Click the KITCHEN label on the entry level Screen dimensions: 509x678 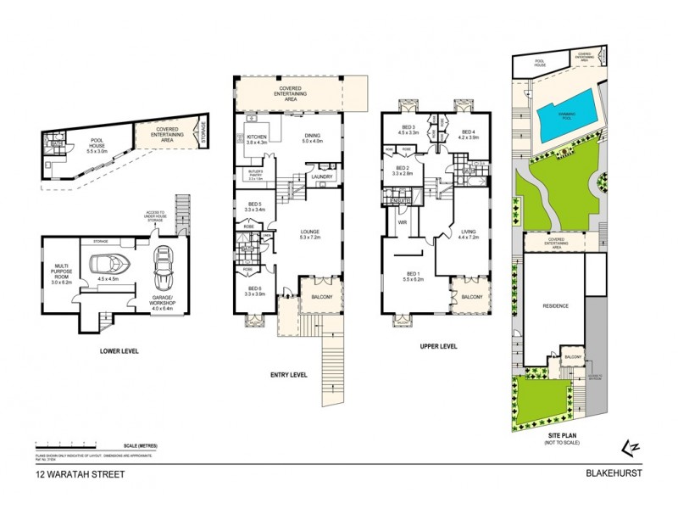[x=256, y=138]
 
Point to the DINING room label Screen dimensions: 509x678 [x=314, y=138]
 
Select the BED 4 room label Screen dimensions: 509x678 [x=468, y=131]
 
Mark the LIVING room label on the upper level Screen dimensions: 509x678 [x=469, y=231]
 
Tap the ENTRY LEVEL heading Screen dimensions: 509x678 [x=289, y=374]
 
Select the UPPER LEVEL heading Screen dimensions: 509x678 [x=438, y=346]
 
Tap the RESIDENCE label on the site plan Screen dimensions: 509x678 [x=555, y=305]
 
